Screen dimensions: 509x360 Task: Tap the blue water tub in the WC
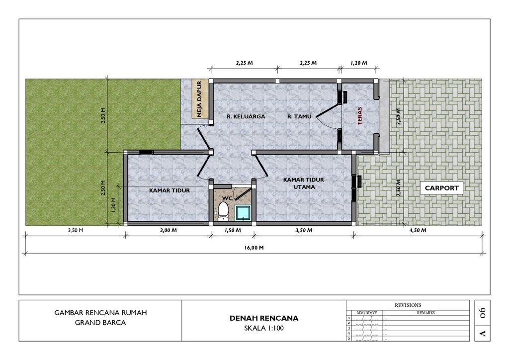tap(243, 213)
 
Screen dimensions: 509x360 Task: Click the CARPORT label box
tap(441, 188)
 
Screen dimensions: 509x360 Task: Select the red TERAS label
tap(360, 116)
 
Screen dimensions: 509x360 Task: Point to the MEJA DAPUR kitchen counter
tap(199, 99)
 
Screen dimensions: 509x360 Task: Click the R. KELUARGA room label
tap(246, 116)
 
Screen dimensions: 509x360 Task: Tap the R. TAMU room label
tap(299, 116)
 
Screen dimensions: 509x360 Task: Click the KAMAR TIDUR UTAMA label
tap(304, 183)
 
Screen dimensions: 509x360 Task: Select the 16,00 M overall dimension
tap(254, 248)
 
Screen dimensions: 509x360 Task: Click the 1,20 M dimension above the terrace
tap(359, 63)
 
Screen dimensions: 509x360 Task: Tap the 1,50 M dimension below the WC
tap(233, 231)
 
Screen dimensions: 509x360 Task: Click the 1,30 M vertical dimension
tap(113, 205)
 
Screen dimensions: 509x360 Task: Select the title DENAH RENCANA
tap(264, 318)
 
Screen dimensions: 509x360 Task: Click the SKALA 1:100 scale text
tap(264, 328)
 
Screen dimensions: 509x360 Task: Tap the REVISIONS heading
tap(408, 305)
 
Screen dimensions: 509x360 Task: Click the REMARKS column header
tap(425, 313)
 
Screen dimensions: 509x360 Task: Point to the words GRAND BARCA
tap(100, 323)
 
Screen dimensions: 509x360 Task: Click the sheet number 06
tap(482, 313)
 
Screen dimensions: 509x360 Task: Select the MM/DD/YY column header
tap(367, 313)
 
